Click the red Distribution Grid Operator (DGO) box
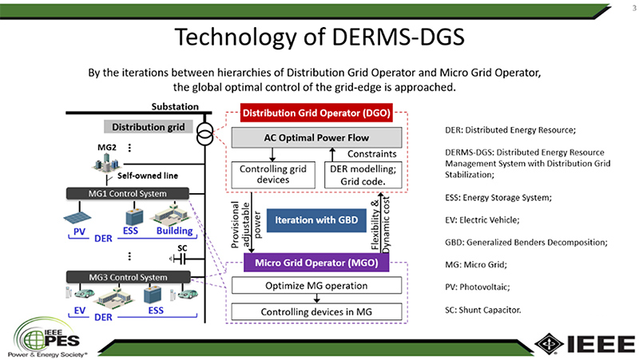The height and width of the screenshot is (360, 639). [x=316, y=113]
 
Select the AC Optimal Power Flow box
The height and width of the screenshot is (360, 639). [x=316, y=137]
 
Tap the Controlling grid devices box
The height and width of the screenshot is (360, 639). [x=273, y=175]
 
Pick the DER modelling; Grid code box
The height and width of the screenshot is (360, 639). [x=363, y=175]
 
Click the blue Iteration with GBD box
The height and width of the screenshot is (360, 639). [x=316, y=220]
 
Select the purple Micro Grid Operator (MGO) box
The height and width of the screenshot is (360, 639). [x=316, y=263]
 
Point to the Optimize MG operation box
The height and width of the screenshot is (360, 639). [x=316, y=286]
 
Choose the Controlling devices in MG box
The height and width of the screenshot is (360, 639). [x=316, y=312]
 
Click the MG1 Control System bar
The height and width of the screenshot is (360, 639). [x=128, y=193]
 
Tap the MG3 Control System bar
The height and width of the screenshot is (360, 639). [x=128, y=277]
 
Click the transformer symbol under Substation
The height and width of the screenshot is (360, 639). [x=204, y=134]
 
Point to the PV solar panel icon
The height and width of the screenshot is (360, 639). [x=77, y=217]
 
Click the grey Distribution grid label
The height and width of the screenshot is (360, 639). [x=149, y=127]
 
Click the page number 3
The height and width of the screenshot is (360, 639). [x=634, y=8]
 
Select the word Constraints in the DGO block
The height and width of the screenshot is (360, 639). [x=371, y=154]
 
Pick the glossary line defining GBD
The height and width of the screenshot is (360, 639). [x=526, y=243]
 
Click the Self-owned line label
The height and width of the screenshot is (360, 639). [x=148, y=176]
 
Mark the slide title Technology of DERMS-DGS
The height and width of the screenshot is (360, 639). [x=319, y=37]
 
